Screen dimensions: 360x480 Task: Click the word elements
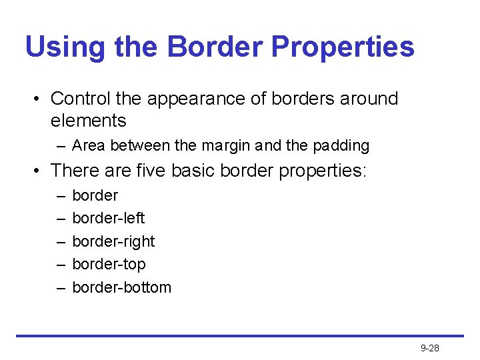[88, 121]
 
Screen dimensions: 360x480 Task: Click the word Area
[88, 145]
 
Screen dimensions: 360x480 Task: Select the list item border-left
[108, 218]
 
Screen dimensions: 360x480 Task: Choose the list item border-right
[113, 241]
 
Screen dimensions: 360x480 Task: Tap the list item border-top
[108, 264]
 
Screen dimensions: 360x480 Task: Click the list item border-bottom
[121, 287]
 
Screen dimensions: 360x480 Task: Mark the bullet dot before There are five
[37, 171]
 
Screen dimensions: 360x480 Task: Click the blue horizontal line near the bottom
[240, 336]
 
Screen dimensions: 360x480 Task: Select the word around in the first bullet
[369, 99]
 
